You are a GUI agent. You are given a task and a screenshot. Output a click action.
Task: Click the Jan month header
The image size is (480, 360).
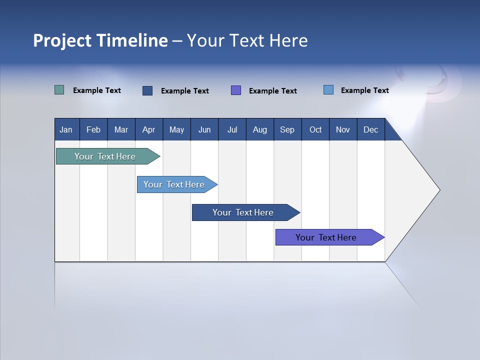click(66, 130)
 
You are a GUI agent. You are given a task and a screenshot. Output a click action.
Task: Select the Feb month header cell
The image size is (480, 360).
click(93, 130)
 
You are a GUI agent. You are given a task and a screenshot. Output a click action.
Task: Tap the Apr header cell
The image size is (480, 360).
click(148, 130)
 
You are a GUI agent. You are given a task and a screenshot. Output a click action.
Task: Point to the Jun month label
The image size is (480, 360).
click(204, 130)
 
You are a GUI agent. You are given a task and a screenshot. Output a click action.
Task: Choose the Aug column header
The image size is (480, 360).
click(259, 130)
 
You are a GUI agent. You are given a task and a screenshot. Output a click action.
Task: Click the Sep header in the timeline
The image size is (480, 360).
click(287, 130)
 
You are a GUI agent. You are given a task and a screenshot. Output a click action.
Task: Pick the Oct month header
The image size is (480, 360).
click(315, 130)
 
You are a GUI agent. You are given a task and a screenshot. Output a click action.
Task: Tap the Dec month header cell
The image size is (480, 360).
click(370, 130)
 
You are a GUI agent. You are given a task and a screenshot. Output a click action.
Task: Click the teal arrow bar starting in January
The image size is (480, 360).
click(105, 156)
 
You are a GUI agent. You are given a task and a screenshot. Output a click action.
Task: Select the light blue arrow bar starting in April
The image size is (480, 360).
click(174, 184)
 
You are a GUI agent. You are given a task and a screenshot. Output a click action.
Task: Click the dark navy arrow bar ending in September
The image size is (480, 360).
click(243, 212)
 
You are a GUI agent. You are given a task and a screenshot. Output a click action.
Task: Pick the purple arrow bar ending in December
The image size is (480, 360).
click(326, 237)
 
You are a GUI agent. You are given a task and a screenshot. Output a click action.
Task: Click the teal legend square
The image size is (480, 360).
click(59, 90)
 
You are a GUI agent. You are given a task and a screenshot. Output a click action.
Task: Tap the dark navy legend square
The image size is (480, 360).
click(147, 90)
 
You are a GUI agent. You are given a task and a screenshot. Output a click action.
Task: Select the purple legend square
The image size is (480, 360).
click(236, 90)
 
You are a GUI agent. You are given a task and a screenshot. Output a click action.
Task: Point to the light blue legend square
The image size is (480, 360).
click(328, 90)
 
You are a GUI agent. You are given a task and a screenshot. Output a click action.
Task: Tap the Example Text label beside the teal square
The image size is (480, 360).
click(97, 90)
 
